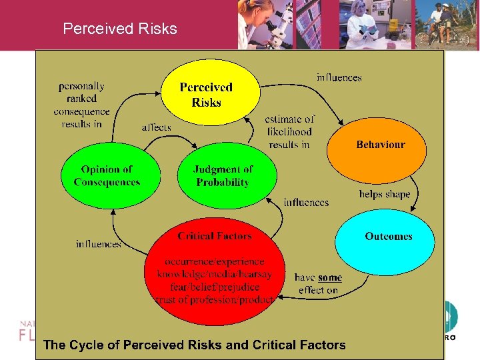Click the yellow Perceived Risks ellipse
[206, 95]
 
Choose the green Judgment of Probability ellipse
[223, 176]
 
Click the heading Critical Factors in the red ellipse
[215, 236]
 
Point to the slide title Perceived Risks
[120, 29]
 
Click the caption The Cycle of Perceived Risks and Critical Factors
[195, 345]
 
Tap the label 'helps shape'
[385, 194]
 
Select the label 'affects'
[156, 127]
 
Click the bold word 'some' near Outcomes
[330, 277]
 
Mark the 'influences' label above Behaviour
[339, 77]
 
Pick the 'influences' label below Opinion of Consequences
[99, 244]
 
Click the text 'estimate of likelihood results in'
[289, 131]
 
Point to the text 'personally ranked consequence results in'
[81, 105]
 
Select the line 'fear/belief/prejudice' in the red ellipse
[214, 287]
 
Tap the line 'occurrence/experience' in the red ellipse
[215, 261]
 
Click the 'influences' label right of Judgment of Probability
[306, 202]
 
